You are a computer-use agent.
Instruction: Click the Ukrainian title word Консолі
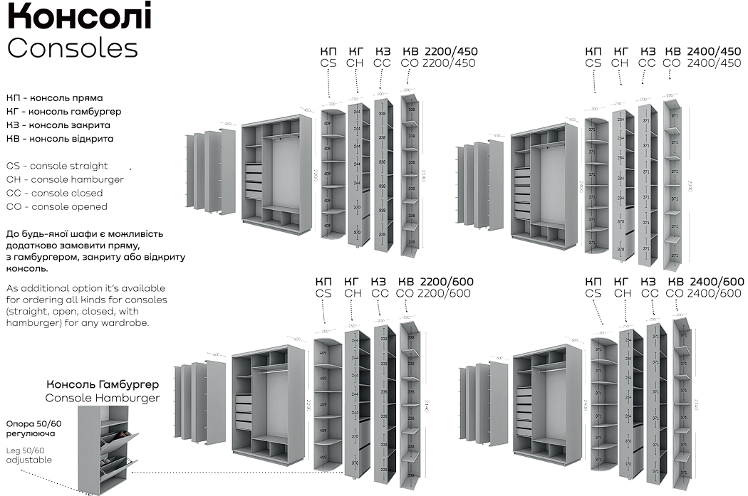point(79,17)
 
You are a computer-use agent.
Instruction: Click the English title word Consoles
point(72,48)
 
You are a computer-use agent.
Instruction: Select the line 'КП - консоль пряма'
point(55,97)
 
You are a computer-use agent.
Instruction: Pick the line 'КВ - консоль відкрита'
point(60,139)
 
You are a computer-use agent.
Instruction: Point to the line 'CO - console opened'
point(57,206)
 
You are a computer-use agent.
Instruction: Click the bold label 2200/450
point(451,51)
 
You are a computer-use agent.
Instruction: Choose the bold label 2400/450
point(714,51)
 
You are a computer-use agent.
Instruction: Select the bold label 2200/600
point(447,282)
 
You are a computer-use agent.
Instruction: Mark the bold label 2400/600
point(716,282)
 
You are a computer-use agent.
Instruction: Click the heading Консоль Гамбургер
point(107,385)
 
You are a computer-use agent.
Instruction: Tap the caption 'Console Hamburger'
point(103,398)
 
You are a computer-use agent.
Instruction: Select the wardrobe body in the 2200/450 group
point(276,174)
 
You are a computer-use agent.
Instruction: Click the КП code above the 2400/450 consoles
point(593,51)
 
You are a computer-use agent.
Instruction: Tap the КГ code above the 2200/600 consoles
point(353,282)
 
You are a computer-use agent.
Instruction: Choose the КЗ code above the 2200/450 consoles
point(383,51)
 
